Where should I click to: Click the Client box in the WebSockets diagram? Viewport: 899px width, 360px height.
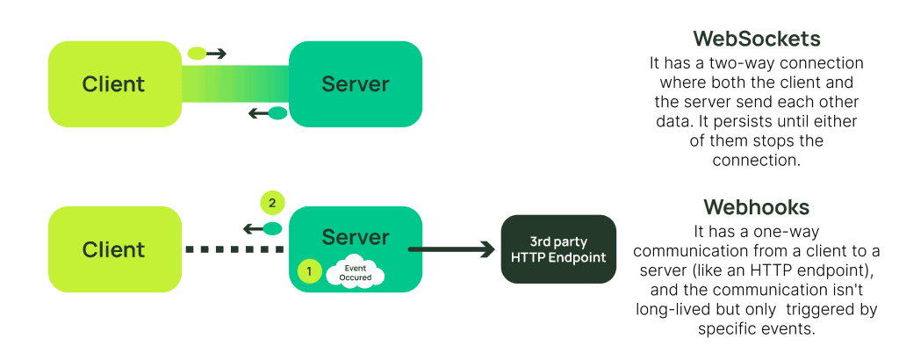[x=114, y=84]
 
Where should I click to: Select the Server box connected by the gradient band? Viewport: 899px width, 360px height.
[x=356, y=84]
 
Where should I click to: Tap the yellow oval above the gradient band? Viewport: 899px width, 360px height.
[x=198, y=54]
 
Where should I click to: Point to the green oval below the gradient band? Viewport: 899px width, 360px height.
[x=277, y=112]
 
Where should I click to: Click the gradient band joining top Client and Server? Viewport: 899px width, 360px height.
[x=235, y=84]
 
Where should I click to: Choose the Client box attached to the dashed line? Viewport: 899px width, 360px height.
[x=114, y=249]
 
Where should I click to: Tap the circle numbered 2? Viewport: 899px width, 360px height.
[x=272, y=203]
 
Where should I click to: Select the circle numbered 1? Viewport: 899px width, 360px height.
[x=309, y=271]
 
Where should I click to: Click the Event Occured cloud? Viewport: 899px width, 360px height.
[x=356, y=272]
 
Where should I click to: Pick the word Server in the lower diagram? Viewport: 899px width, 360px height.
[x=356, y=237]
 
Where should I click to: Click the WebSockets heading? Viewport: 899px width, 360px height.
[x=756, y=40]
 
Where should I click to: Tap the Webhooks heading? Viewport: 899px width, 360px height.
[x=756, y=207]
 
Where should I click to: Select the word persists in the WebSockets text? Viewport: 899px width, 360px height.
[x=744, y=121]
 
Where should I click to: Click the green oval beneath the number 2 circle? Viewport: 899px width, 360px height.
[x=273, y=228]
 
